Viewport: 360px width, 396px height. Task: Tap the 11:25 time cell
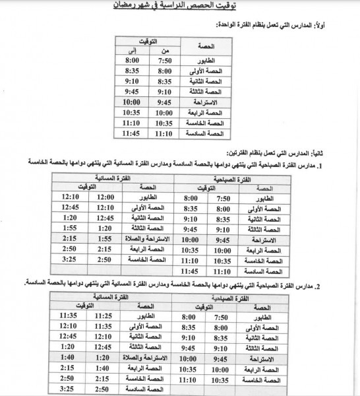[103, 316]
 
